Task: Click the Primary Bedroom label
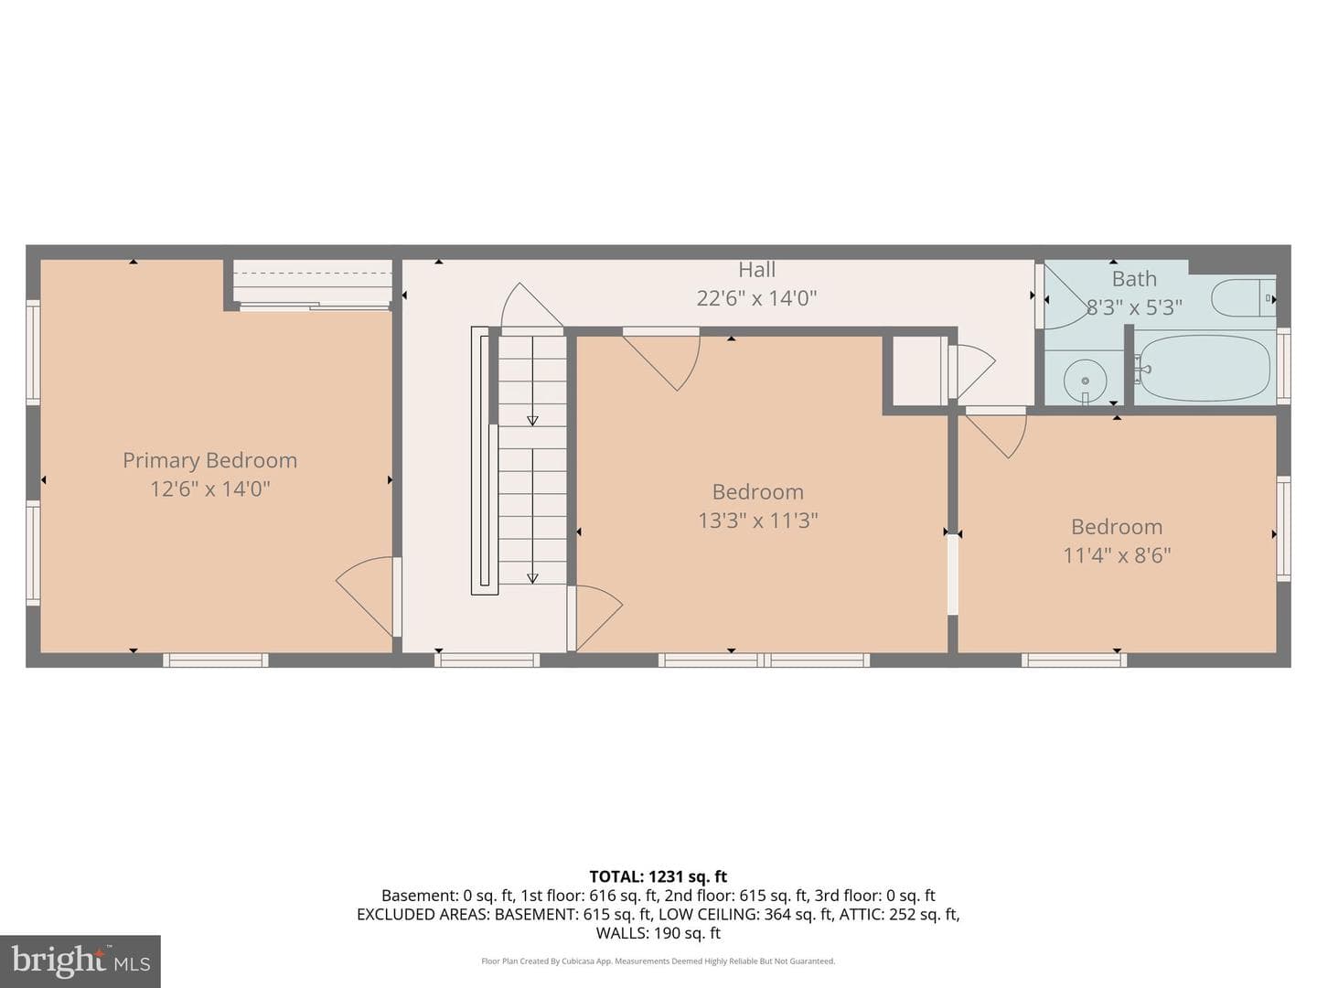pyautogui.click(x=210, y=460)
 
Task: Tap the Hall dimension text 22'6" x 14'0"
pyautogui.click(x=756, y=298)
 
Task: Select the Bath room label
pyautogui.click(x=1134, y=279)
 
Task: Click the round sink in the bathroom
pyautogui.click(x=1085, y=381)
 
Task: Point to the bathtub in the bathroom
pyautogui.click(x=1203, y=369)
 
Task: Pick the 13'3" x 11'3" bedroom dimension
pyautogui.click(x=757, y=521)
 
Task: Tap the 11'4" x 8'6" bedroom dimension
pyautogui.click(x=1117, y=555)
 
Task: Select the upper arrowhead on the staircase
pyautogui.click(x=532, y=421)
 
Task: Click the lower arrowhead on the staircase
pyautogui.click(x=532, y=578)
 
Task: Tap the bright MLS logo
pyautogui.click(x=80, y=961)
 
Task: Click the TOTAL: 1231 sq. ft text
pyautogui.click(x=658, y=876)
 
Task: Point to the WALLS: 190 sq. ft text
pyautogui.click(x=658, y=933)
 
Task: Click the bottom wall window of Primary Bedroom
pyautogui.click(x=216, y=660)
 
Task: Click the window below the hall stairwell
pyautogui.click(x=487, y=660)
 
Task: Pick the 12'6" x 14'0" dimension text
pyautogui.click(x=210, y=489)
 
